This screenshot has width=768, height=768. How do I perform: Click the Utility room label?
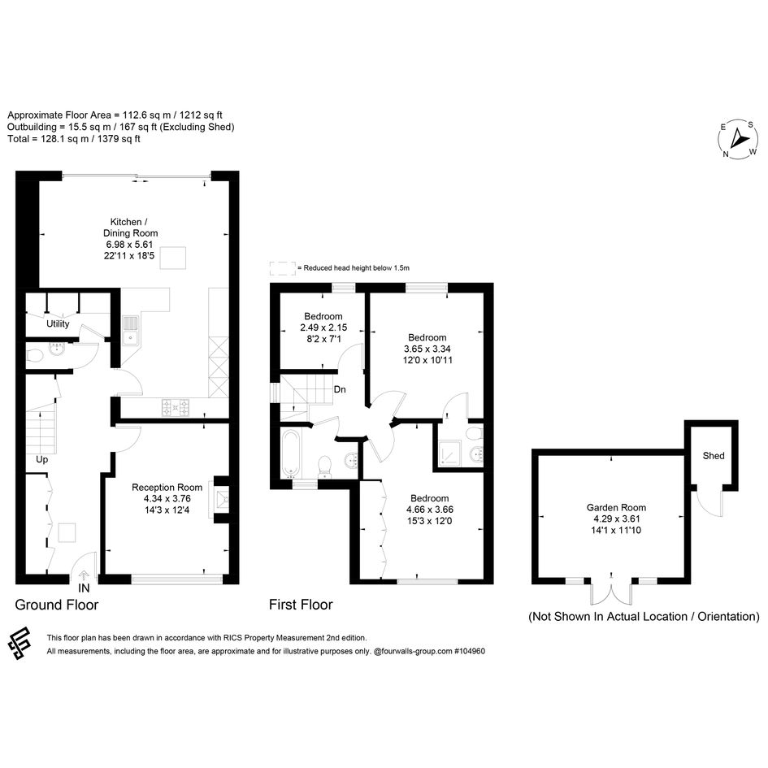coord(58,323)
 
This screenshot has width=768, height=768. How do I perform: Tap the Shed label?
coord(714,455)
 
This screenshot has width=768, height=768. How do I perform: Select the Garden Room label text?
coord(616,507)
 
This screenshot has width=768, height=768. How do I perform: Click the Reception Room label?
coord(167,488)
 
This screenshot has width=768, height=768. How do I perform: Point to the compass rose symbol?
coord(738,139)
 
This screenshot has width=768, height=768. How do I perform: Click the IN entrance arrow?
coord(84,575)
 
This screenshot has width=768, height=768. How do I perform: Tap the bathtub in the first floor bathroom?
coord(290,453)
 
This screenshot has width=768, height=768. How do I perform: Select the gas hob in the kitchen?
coord(176,407)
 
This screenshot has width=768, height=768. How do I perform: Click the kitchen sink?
coord(131,330)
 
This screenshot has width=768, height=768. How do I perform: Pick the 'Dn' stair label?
coord(340,389)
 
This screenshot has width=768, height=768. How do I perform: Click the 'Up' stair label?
coord(41,459)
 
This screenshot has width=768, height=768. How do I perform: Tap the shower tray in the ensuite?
coord(449,453)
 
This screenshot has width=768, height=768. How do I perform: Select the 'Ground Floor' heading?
coord(57,605)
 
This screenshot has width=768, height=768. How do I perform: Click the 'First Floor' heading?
coord(301,605)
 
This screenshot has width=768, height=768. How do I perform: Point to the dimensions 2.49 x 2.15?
coord(323,328)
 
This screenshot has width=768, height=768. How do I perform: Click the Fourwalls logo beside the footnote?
coord(20,643)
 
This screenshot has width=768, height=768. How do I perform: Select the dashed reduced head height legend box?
coord(283,268)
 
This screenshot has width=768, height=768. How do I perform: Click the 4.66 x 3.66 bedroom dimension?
coord(430,510)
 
